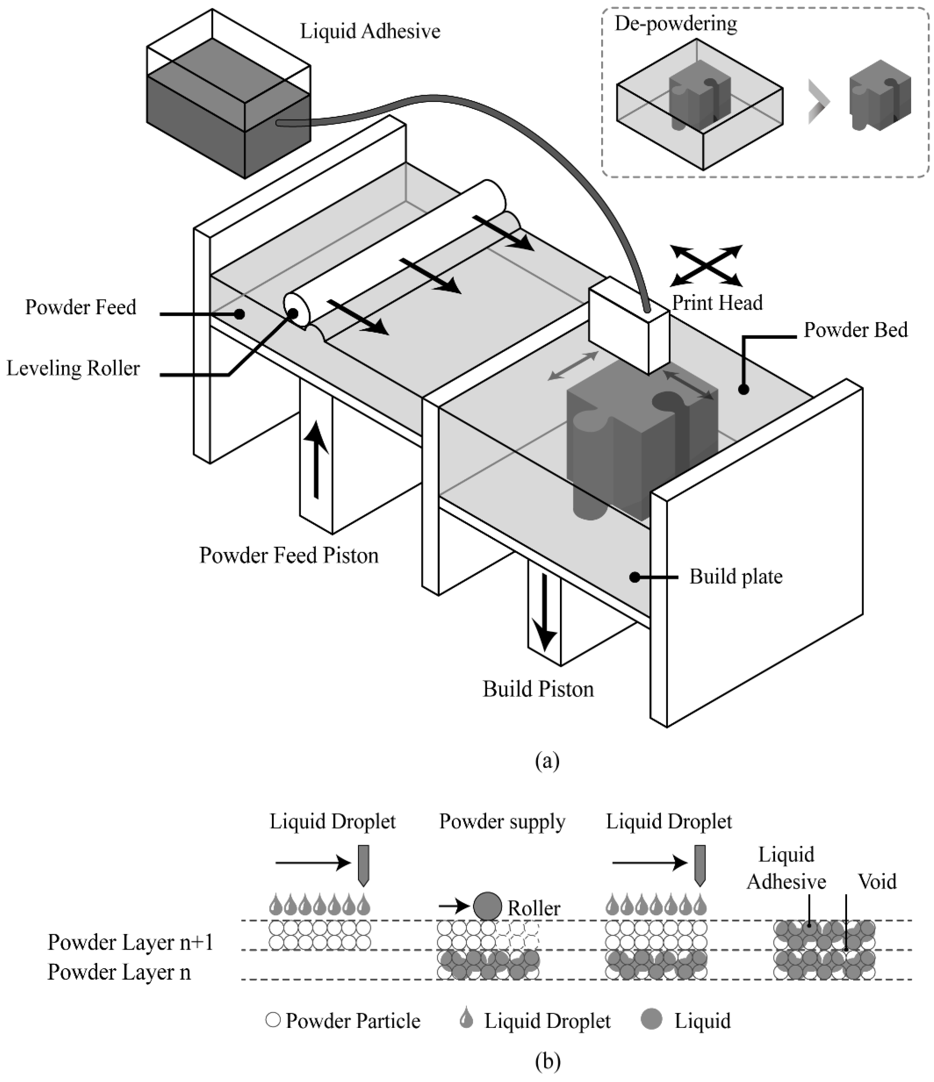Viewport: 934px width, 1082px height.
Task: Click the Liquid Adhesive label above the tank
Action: coord(370,31)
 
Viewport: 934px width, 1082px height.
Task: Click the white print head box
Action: coord(629,327)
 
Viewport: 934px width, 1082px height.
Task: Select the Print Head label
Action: coord(717,303)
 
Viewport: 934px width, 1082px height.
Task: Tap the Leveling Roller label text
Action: coord(73,369)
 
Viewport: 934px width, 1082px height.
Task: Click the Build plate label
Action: coord(736,576)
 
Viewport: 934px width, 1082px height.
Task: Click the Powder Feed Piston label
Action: coord(289,555)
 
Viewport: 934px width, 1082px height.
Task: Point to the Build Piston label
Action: coord(538,689)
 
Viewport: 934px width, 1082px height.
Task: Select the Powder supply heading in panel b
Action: coord(502,821)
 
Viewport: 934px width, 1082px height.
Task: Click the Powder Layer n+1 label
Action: coord(130,943)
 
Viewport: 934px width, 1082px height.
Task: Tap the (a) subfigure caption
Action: coord(547,761)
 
